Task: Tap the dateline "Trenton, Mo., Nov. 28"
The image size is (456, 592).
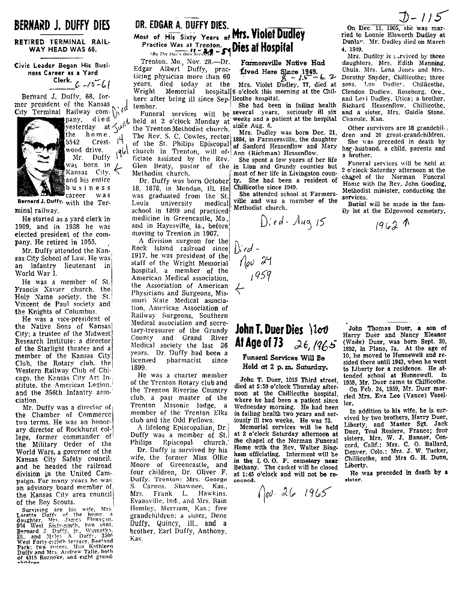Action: (x=178, y=63)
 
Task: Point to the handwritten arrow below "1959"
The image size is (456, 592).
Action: (x=241, y=290)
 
